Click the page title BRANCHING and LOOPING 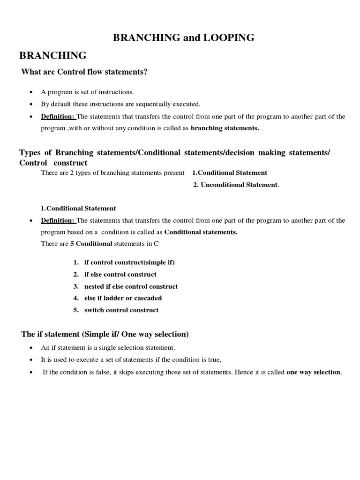tap(183, 38)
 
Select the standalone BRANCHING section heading tap(52, 56)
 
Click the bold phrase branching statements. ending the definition tap(225, 128)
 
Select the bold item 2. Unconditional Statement tap(235, 185)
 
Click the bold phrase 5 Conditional tap(94, 244)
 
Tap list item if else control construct tap(120, 274)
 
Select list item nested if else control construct tap(131, 286)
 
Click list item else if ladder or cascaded tap(123, 298)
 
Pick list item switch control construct tap(121, 310)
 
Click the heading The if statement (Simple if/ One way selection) tap(105, 334)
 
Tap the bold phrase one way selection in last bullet tap(313, 372)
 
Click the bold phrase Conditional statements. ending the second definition tap(201, 232)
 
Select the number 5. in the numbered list tap(75, 310)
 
